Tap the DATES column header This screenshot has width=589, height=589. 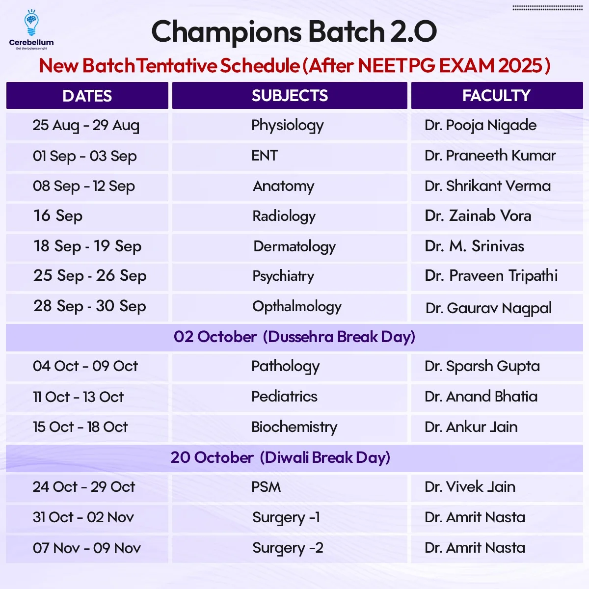[x=87, y=96]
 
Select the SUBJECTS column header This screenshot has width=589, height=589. [x=290, y=95]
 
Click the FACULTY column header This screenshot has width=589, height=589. [x=496, y=95]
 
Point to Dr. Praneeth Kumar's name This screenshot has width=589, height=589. [x=490, y=155]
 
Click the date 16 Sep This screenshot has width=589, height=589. [x=58, y=216]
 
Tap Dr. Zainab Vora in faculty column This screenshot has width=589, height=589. [x=478, y=216]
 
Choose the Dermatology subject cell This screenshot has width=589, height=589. [x=294, y=247]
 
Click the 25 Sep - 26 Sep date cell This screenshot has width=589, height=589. [x=90, y=276]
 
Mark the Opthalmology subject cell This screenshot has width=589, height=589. [x=296, y=307]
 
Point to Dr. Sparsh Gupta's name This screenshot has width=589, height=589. [x=482, y=367]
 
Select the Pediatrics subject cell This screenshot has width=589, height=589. [x=284, y=397]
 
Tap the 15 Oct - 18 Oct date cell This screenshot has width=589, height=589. [x=80, y=427]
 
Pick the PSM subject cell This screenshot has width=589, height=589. [x=266, y=487]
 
